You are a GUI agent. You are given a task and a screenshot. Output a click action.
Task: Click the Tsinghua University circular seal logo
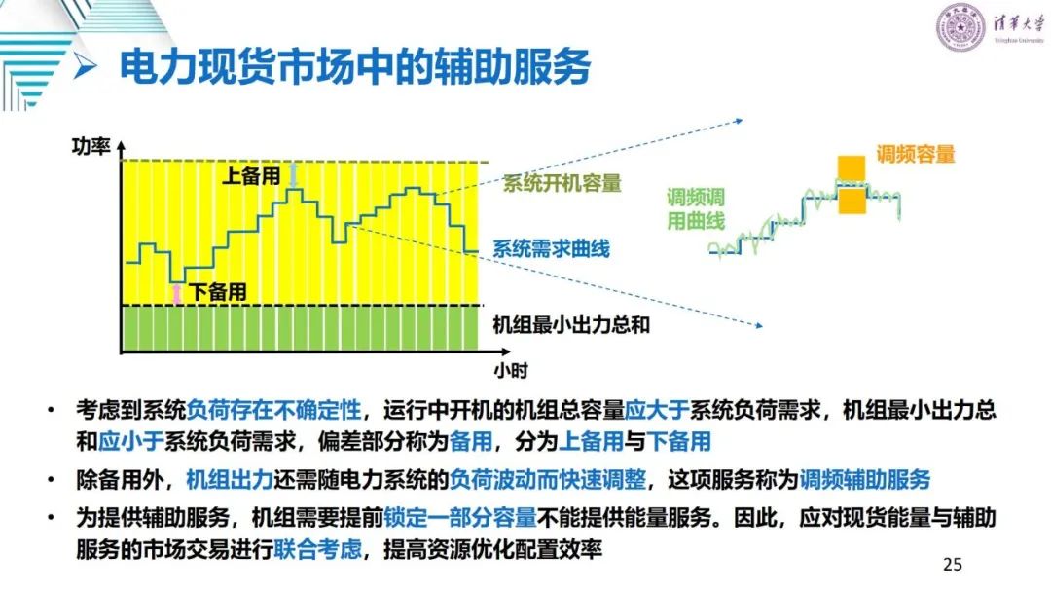960,27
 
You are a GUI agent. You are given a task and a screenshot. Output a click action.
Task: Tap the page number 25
952,564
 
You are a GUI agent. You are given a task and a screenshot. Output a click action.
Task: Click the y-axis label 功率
91,146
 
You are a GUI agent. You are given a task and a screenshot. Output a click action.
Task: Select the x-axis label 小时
511,370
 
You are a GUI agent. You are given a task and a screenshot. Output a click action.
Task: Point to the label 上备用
251,176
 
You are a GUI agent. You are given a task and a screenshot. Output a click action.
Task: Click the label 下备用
218,292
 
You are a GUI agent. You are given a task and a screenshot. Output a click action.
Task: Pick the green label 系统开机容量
562,183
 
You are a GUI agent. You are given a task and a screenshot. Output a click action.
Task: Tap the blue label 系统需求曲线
551,249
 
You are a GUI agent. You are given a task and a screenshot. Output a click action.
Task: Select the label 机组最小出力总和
571,324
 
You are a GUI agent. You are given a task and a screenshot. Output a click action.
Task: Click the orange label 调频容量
915,154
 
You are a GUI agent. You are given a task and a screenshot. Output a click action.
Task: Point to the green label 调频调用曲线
696,208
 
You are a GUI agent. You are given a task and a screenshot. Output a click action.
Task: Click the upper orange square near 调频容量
852,168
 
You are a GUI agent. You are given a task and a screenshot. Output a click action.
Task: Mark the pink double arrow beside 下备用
177,293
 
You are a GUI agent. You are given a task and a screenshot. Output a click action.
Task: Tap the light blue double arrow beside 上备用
293,175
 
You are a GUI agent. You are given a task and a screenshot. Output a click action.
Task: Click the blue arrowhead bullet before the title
87,66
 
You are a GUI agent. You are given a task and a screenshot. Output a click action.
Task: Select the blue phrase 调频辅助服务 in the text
865,480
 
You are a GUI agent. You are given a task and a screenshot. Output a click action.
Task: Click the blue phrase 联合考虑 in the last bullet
317,549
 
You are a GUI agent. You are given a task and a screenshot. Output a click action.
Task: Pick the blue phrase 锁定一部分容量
459,517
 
